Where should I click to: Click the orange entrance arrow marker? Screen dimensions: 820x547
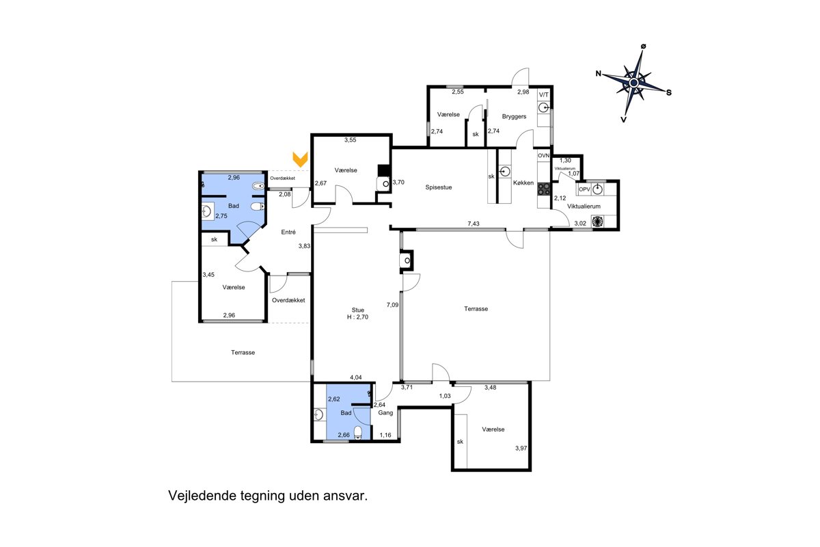[x=300, y=159]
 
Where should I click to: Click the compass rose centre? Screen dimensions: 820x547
[x=633, y=83]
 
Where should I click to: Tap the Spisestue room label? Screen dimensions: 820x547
[x=439, y=187]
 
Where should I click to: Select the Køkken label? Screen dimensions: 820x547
[x=523, y=183]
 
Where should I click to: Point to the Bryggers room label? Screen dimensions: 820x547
[x=514, y=116]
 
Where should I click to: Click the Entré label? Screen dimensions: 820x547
[x=288, y=232]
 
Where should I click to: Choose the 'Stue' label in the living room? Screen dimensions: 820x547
[x=357, y=310]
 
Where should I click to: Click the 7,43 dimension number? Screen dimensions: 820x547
[x=474, y=224]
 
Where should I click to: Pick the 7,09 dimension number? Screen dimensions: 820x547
[x=392, y=304]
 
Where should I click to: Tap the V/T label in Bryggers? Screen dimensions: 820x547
[x=544, y=95]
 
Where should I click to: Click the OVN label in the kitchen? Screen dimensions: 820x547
[x=544, y=156]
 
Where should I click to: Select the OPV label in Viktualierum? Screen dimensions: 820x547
[x=584, y=189]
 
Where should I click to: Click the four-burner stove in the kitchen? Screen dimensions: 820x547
[x=544, y=189]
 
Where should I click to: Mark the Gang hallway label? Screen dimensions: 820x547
[x=385, y=413]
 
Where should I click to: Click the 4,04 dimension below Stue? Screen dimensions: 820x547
[x=356, y=377]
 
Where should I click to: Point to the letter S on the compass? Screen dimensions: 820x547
[x=669, y=93]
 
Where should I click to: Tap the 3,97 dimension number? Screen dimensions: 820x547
[x=521, y=448]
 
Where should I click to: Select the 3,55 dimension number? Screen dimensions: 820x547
[x=350, y=140]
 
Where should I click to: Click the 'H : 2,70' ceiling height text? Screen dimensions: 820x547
[x=357, y=317]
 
